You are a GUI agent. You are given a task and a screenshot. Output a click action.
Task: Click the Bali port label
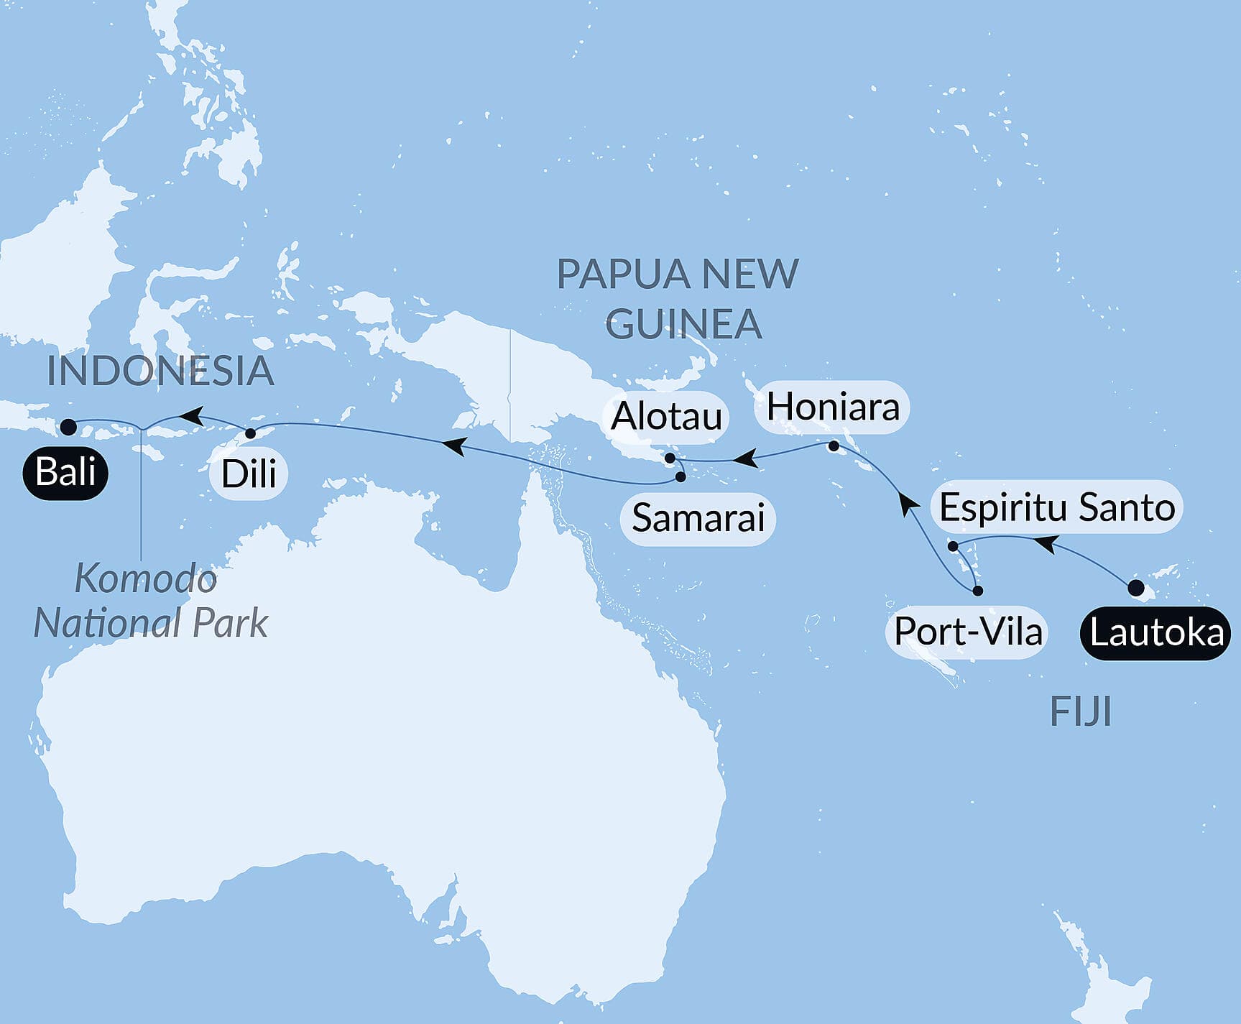65,473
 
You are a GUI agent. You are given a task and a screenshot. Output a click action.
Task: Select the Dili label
249,474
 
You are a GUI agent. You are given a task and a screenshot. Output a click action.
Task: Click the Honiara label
833,407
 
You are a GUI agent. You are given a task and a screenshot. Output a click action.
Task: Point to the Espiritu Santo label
1056,507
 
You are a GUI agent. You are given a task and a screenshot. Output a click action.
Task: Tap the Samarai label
698,518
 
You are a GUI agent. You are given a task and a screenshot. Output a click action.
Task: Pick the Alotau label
666,417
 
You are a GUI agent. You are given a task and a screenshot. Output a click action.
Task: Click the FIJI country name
1080,712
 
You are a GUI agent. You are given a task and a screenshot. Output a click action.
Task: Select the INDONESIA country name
160,372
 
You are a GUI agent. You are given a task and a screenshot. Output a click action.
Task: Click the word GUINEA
683,324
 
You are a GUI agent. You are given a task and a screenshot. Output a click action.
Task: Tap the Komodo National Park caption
149,601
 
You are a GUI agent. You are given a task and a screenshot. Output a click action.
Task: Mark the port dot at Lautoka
1136,588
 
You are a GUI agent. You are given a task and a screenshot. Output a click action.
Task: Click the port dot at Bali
68,427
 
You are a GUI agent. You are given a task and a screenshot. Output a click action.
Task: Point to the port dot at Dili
250,433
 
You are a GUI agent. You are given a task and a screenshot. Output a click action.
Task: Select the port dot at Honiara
834,446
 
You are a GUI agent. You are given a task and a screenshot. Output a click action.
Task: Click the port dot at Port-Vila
977,591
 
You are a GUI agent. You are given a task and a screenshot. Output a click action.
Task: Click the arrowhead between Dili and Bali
189,415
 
